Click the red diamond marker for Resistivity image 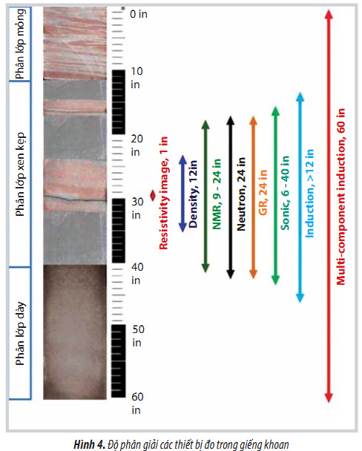pyautogui.click(x=153, y=196)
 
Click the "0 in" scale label pyautogui.click(x=139, y=14)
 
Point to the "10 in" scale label pyautogui.click(x=136, y=78)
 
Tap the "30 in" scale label pyautogui.click(x=137, y=208)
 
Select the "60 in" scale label pyautogui.click(x=137, y=404)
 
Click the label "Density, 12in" pyautogui.click(x=193, y=194)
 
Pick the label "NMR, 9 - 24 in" pyautogui.click(x=217, y=194)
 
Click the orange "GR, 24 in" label pyautogui.click(x=263, y=192)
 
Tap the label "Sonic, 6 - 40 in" pyautogui.click(x=285, y=193)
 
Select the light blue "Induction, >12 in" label pyautogui.click(x=309, y=194)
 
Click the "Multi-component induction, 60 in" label pyautogui.click(x=340, y=197)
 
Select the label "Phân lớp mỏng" pyautogui.click(x=21, y=44)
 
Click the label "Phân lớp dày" pyautogui.click(x=21, y=333)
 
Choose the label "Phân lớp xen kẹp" pyautogui.click(x=21, y=174)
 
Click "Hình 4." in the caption pyautogui.click(x=90, y=444)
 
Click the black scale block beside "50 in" pyautogui.click(x=119, y=361)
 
